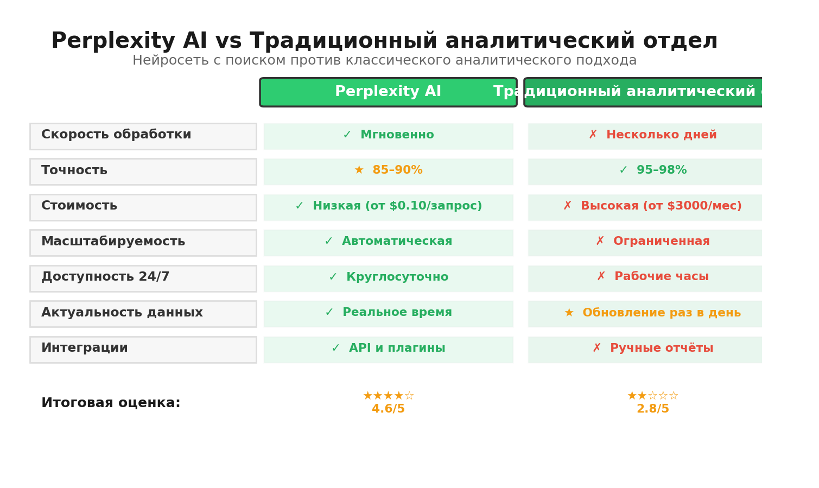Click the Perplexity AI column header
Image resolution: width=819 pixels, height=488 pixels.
388,92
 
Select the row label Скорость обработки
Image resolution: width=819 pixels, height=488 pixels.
143,136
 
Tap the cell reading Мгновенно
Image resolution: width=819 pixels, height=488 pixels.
388,136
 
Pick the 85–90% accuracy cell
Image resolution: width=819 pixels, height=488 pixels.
388,171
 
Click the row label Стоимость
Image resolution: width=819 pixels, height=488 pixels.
143,207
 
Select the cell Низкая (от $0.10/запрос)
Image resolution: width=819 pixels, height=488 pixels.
388,207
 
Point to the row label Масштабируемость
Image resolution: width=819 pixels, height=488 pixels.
143,243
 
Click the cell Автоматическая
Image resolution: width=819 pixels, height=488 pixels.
388,242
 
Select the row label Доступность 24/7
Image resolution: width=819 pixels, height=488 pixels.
143,278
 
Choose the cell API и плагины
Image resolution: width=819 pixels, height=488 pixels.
388,349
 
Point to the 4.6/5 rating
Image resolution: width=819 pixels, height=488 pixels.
388,409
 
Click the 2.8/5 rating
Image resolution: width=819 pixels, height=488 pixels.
652,409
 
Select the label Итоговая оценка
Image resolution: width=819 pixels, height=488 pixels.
111,403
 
